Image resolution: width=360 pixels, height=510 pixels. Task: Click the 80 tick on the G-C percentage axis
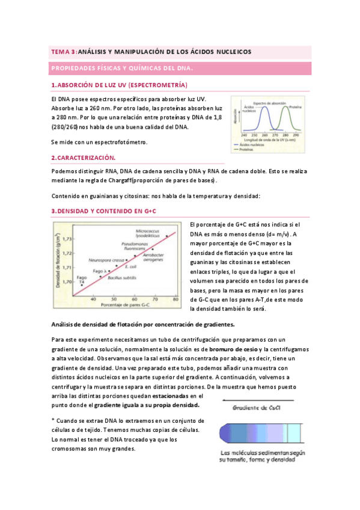tap(175, 298)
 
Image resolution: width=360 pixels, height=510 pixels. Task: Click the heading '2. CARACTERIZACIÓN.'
tap(83, 158)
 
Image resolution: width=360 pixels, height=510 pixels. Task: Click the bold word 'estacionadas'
tap(168, 396)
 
